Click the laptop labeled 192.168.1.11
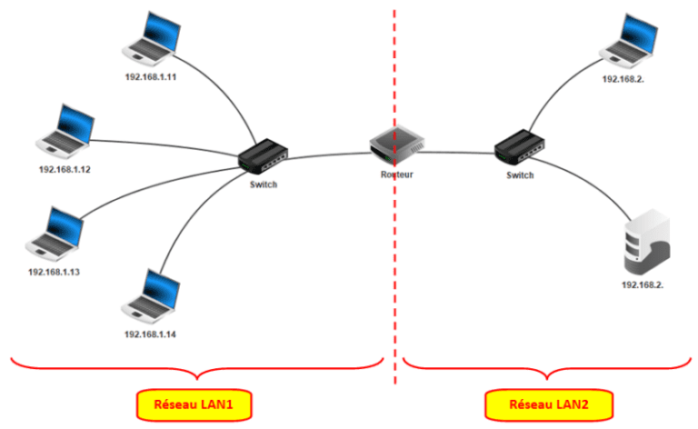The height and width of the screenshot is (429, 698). [x=150, y=41]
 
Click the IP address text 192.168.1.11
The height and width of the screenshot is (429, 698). [x=150, y=76]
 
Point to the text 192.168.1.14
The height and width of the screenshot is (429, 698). [x=150, y=334]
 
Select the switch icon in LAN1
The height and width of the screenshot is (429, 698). [x=264, y=156]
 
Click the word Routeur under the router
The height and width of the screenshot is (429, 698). [x=397, y=174]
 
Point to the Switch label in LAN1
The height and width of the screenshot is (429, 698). [x=263, y=185]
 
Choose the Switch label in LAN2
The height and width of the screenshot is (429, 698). [x=520, y=174]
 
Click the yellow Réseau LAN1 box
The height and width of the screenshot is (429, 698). [x=194, y=402]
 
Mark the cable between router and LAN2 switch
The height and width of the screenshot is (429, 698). [x=459, y=152]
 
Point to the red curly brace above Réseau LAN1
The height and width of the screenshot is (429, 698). [x=195, y=371]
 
